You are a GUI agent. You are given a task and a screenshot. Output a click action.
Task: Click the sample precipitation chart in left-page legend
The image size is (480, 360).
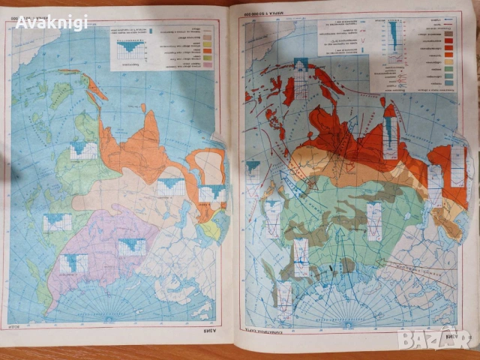[x=132, y=46]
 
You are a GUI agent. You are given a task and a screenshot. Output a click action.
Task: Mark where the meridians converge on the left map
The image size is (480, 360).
[x=109, y=319]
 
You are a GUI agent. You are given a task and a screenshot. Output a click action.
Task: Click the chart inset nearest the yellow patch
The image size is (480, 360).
[x=212, y=193]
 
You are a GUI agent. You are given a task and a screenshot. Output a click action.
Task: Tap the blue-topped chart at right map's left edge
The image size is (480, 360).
[x=253, y=168]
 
